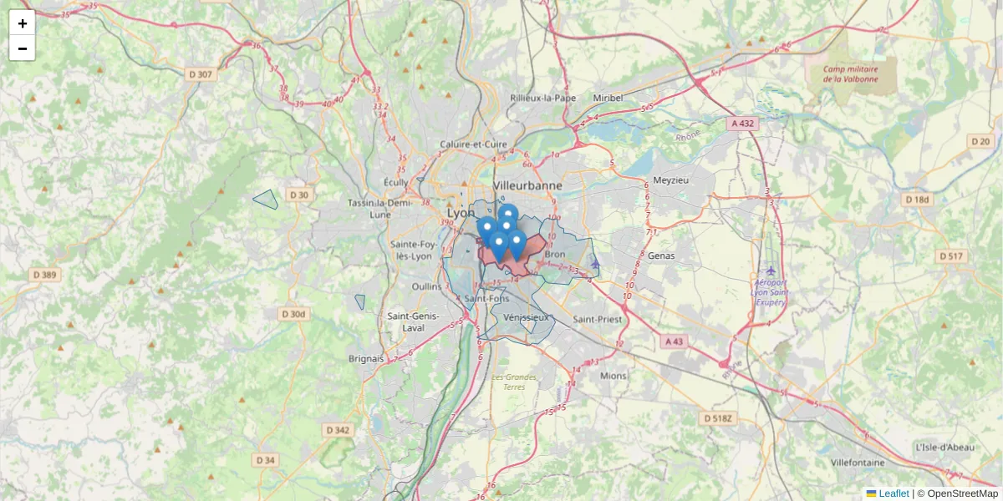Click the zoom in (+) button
tap(23, 23)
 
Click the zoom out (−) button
tap(23, 48)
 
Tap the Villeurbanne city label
tap(527, 185)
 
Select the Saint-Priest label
tap(598, 319)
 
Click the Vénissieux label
tap(527, 317)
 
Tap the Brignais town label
tap(366, 358)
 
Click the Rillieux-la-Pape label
tap(543, 98)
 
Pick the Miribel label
tap(608, 98)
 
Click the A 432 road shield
tap(742, 124)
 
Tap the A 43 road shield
tap(674, 342)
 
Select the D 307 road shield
tap(201, 74)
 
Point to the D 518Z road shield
tap(718, 417)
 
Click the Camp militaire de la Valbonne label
tap(850, 74)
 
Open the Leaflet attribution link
tap(893, 493)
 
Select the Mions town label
tap(613, 376)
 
